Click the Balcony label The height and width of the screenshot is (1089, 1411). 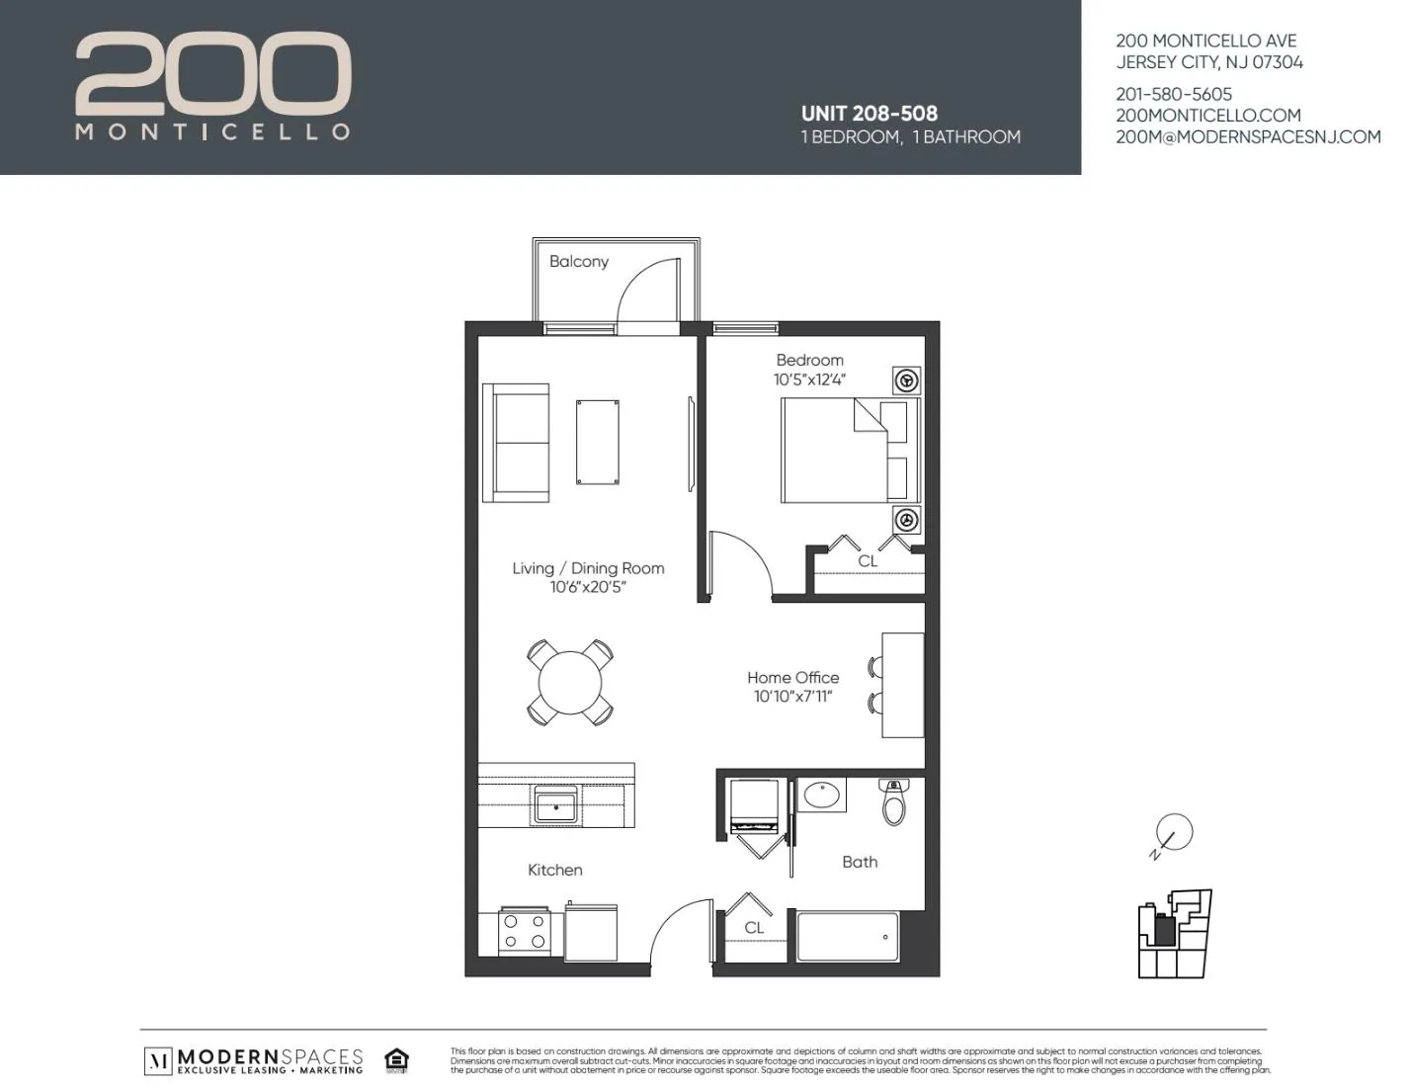coord(579,262)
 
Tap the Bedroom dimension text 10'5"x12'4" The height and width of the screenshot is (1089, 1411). coord(810,379)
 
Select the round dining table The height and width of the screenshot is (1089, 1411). coord(570,682)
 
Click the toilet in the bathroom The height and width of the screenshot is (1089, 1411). coord(893,802)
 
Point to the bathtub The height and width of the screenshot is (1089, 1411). coord(848,936)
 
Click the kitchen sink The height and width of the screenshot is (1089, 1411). coord(556,805)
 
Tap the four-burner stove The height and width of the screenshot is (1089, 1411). coord(524,931)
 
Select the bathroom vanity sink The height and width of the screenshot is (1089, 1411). coord(820,795)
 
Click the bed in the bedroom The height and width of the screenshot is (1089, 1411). coord(848,451)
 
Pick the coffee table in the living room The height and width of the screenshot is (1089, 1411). coord(598,442)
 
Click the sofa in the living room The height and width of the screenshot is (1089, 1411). coord(515,443)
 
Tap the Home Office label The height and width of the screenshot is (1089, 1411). coord(792,678)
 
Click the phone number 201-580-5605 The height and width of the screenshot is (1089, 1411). coord(1174,95)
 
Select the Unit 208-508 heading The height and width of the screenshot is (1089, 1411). coord(870,114)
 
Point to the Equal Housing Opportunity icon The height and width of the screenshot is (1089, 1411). coord(397,1060)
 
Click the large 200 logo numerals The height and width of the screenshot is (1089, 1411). coord(213,73)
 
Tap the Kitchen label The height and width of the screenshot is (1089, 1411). coord(555,870)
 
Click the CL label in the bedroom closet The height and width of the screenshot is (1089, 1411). coord(868,561)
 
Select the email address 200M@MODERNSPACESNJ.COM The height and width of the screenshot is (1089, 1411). coord(1248,137)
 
